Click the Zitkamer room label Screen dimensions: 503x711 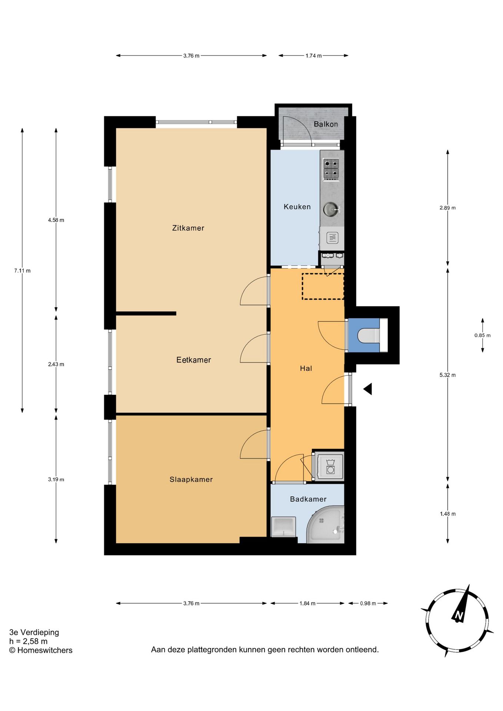[188, 228]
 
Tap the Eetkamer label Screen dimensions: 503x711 [194, 360]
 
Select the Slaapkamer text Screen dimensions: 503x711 [191, 480]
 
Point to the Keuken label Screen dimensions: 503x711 [297, 207]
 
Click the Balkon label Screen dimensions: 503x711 [326, 124]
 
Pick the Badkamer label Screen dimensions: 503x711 [308, 499]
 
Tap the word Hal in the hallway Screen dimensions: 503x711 [306, 368]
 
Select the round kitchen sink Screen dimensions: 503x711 [331, 209]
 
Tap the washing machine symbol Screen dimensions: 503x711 [330, 466]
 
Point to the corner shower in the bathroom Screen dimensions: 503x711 [326, 524]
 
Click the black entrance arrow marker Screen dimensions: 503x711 [367, 389]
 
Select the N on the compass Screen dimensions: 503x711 [459, 616]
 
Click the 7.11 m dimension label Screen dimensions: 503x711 [22, 271]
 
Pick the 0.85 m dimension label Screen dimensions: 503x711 [482, 336]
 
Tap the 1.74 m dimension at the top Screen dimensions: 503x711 [313, 56]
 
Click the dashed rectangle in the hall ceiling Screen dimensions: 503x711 [323, 286]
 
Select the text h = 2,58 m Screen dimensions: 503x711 [29, 641]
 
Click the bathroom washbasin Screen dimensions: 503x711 [283, 527]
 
